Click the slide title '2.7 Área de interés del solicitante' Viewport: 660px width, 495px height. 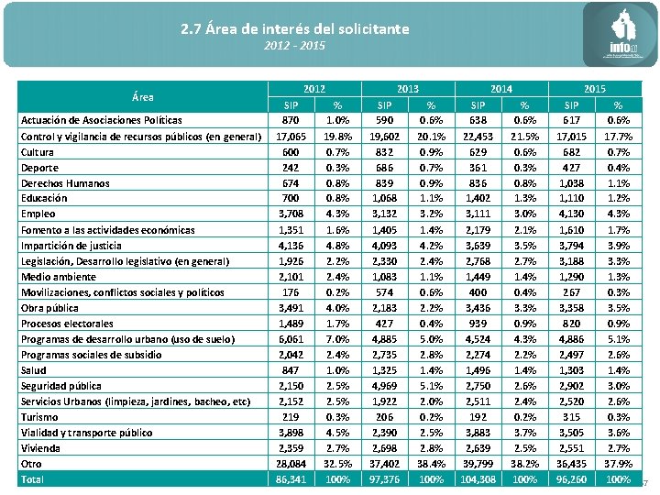pyautogui.click(x=295, y=29)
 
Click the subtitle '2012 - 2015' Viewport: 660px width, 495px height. pyautogui.click(x=294, y=45)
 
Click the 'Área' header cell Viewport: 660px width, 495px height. pyautogui.click(x=143, y=96)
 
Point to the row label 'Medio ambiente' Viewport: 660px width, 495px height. pyautogui.click(x=59, y=276)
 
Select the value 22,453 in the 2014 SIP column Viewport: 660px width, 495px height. pyautogui.click(x=478, y=136)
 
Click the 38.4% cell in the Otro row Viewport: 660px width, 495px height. pyautogui.click(x=430, y=463)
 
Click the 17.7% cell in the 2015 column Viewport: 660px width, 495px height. pyautogui.click(x=618, y=136)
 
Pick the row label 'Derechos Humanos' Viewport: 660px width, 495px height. pyautogui.click(x=66, y=182)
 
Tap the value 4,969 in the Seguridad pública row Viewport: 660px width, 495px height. pyautogui.click(x=384, y=385)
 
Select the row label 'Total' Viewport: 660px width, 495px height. pyautogui.click(x=32, y=478)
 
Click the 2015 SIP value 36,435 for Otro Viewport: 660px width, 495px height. pyautogui.click(x=571, y=463)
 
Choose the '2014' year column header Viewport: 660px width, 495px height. pyautogui.click(x=500, y=89)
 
